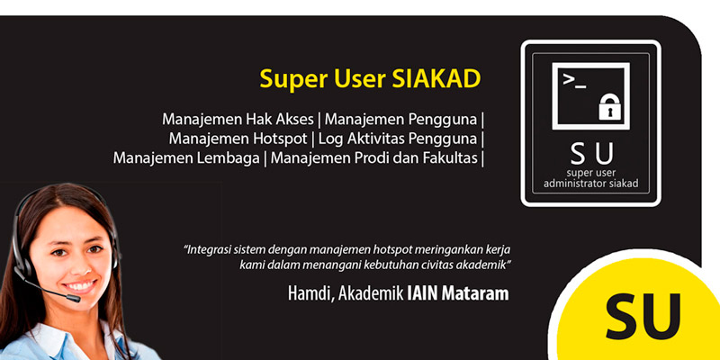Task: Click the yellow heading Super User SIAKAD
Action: [x=370, y=79]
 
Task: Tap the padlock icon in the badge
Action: [x=609, y=107]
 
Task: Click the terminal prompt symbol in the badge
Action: [x=574, y=81]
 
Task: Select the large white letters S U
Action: [x=591, y=154]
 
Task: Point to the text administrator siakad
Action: [x=591, y=184]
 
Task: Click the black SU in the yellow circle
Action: [x=643, y=316]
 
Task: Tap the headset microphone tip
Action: [x=73, y=298]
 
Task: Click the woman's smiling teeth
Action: [x=80, y=285]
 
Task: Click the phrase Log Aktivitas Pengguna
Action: [x=398, y=139]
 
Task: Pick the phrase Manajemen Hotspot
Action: [x=238, y=139]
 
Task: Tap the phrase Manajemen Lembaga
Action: [x=186, y=158]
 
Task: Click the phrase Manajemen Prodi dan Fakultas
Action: [x=373, y=158]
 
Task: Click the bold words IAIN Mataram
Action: [x=458, y=293]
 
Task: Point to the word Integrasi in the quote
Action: [x=207, y=250]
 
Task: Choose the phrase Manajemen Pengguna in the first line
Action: [x=400, y=120]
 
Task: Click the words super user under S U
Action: [x=591, y=173]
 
